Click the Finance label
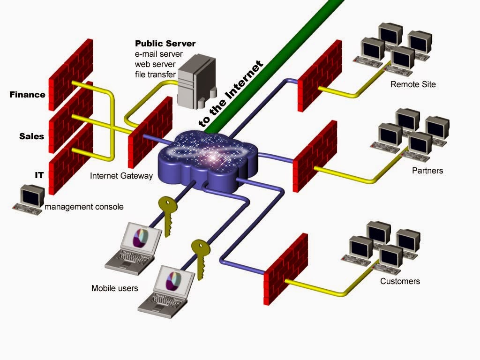click(x=27, y=95)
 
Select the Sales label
click(x=31, y=136)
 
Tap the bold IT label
click(x=39, y=175)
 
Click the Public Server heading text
click(x=165, y=44)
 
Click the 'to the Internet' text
click(x=231, y=94)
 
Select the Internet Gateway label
click(x=121, y=176)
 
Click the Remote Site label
click(x=413, y=84)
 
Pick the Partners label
click(x=427, y=171)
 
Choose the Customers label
click(x=400, y=281)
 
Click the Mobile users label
click(x=114, y=288)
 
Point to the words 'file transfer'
click(x=155, y=75)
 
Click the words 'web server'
click(x=154, y=64)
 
